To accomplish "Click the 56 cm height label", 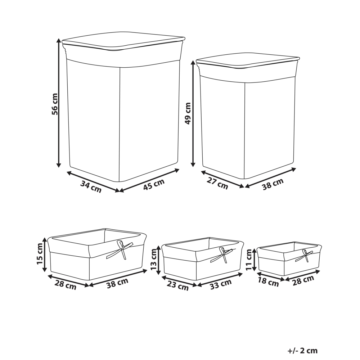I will (x=55, y=104).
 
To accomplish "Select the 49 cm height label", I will (x=188, y=113).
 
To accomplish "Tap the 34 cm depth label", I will (x=91, y=187).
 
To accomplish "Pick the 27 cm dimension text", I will (x=217, y=184).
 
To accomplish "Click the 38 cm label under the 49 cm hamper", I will (x=273, y=183).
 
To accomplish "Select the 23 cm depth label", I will (x=177, y=286).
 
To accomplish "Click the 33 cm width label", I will (x=220, y=283).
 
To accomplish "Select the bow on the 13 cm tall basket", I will (x=223, y=254).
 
